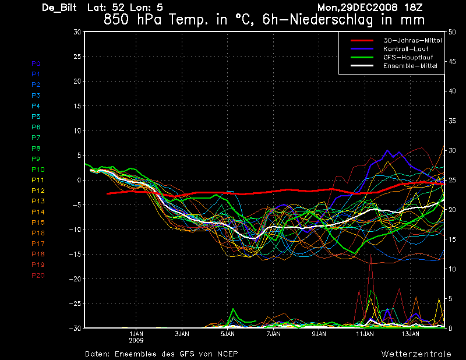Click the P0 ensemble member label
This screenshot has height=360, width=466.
click(x=36, y=63)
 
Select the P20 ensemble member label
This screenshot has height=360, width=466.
click(x=38, y=276)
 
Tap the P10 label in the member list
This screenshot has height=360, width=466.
click(x=38, y=170)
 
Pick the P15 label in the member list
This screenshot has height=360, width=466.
click(x=38, y=223)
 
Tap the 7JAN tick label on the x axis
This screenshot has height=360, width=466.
click(x=273, y=334)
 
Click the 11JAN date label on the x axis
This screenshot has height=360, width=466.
click(x=365, y=334)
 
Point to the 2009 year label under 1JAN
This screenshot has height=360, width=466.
click(x=136, y=340)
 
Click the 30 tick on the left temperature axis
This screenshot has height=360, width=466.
click(x=77, y=32)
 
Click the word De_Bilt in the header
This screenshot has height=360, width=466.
click(x=59, y=8)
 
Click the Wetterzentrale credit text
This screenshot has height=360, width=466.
click(x=416, y=354)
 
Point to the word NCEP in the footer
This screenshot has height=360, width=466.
click(x=227, y=354)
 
